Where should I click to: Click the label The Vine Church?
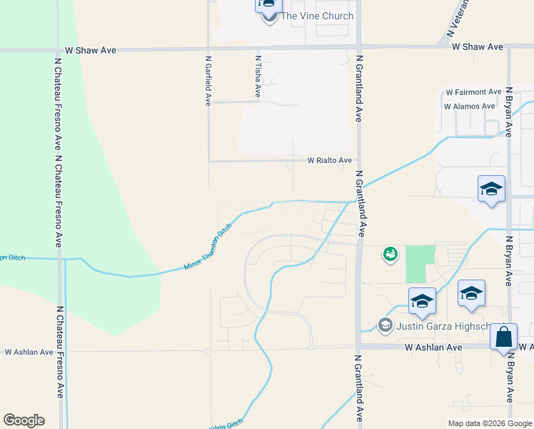pos(317,16)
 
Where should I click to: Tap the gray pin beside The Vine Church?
pos(269,16)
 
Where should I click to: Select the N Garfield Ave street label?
pos(208,81)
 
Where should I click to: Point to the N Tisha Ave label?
pos(257,75)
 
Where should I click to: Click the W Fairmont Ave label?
pos(473,92)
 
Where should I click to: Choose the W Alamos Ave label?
pos(469,107)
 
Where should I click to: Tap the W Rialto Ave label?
pos(329,160)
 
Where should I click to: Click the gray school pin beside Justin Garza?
pos(386,326)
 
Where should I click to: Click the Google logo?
pos(24,420)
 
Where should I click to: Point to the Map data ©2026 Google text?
pos(489,423)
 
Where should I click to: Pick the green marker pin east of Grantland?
pos(390,253)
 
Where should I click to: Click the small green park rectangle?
pos(420,263)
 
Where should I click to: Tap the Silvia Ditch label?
pos(227,425)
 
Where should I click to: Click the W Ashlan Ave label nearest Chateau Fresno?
pos(29,352)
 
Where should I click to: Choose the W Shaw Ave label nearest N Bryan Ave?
pos(478,46)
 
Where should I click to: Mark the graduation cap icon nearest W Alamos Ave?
pos(491,189)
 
